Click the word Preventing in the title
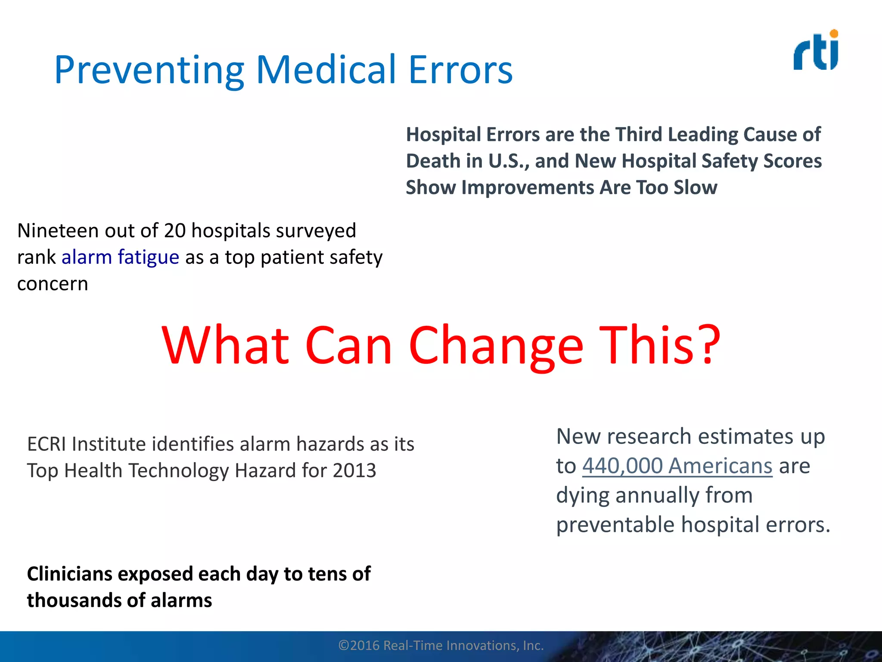point(149,70)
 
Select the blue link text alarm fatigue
point(120,257)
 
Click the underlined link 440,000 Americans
point(677,466)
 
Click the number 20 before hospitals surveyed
point(174,231)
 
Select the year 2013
point(354,470)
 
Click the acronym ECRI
point(47,444)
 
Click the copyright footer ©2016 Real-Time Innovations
point(441,645)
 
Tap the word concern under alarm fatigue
point(53,284)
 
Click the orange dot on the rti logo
point(834,34)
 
